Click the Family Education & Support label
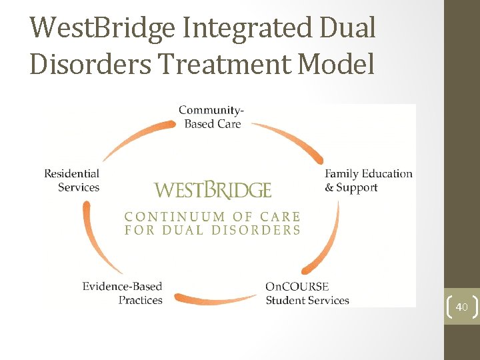click(x=368, y=181)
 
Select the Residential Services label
click(x=72, y=181)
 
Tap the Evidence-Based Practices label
click(x=123, y=293)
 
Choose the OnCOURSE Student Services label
click(x=307, y=293)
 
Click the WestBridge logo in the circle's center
click(x=213, y=190)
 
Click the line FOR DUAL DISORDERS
click(x=213, y=230)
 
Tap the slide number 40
click(x=461, y=307)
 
